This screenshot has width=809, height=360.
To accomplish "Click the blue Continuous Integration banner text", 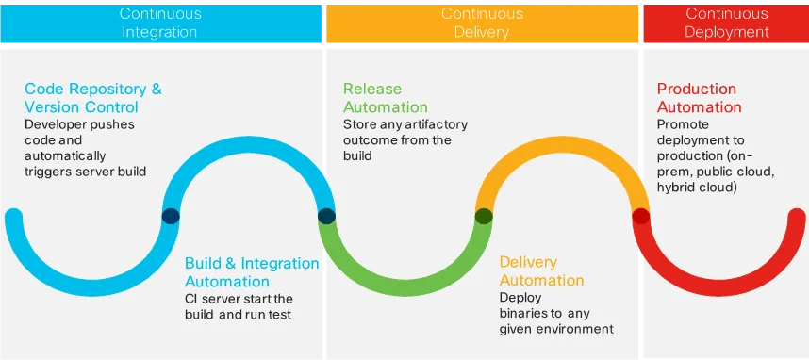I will click(159, 23).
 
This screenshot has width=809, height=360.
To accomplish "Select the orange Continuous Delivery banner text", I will click(482, 23).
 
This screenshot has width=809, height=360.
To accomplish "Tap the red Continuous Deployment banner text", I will click(726, 23).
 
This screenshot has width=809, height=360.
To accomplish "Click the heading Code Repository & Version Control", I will click(92, 98).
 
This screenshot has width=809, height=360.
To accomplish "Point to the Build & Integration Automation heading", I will click(252, 271).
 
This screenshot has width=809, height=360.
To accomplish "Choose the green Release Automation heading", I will click(385, 98).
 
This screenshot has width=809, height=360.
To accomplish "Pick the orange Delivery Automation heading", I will click(541, 270).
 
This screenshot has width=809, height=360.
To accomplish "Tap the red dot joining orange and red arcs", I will click(641, 216).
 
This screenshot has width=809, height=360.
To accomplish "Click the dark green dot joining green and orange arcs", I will click(484, 216).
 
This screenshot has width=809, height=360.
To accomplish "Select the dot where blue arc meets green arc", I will click(326, 216).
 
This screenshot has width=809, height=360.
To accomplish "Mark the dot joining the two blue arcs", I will click(171, 216).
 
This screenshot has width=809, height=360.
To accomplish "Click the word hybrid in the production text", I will click(678, 187).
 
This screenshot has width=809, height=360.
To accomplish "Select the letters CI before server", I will click(192, 299).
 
